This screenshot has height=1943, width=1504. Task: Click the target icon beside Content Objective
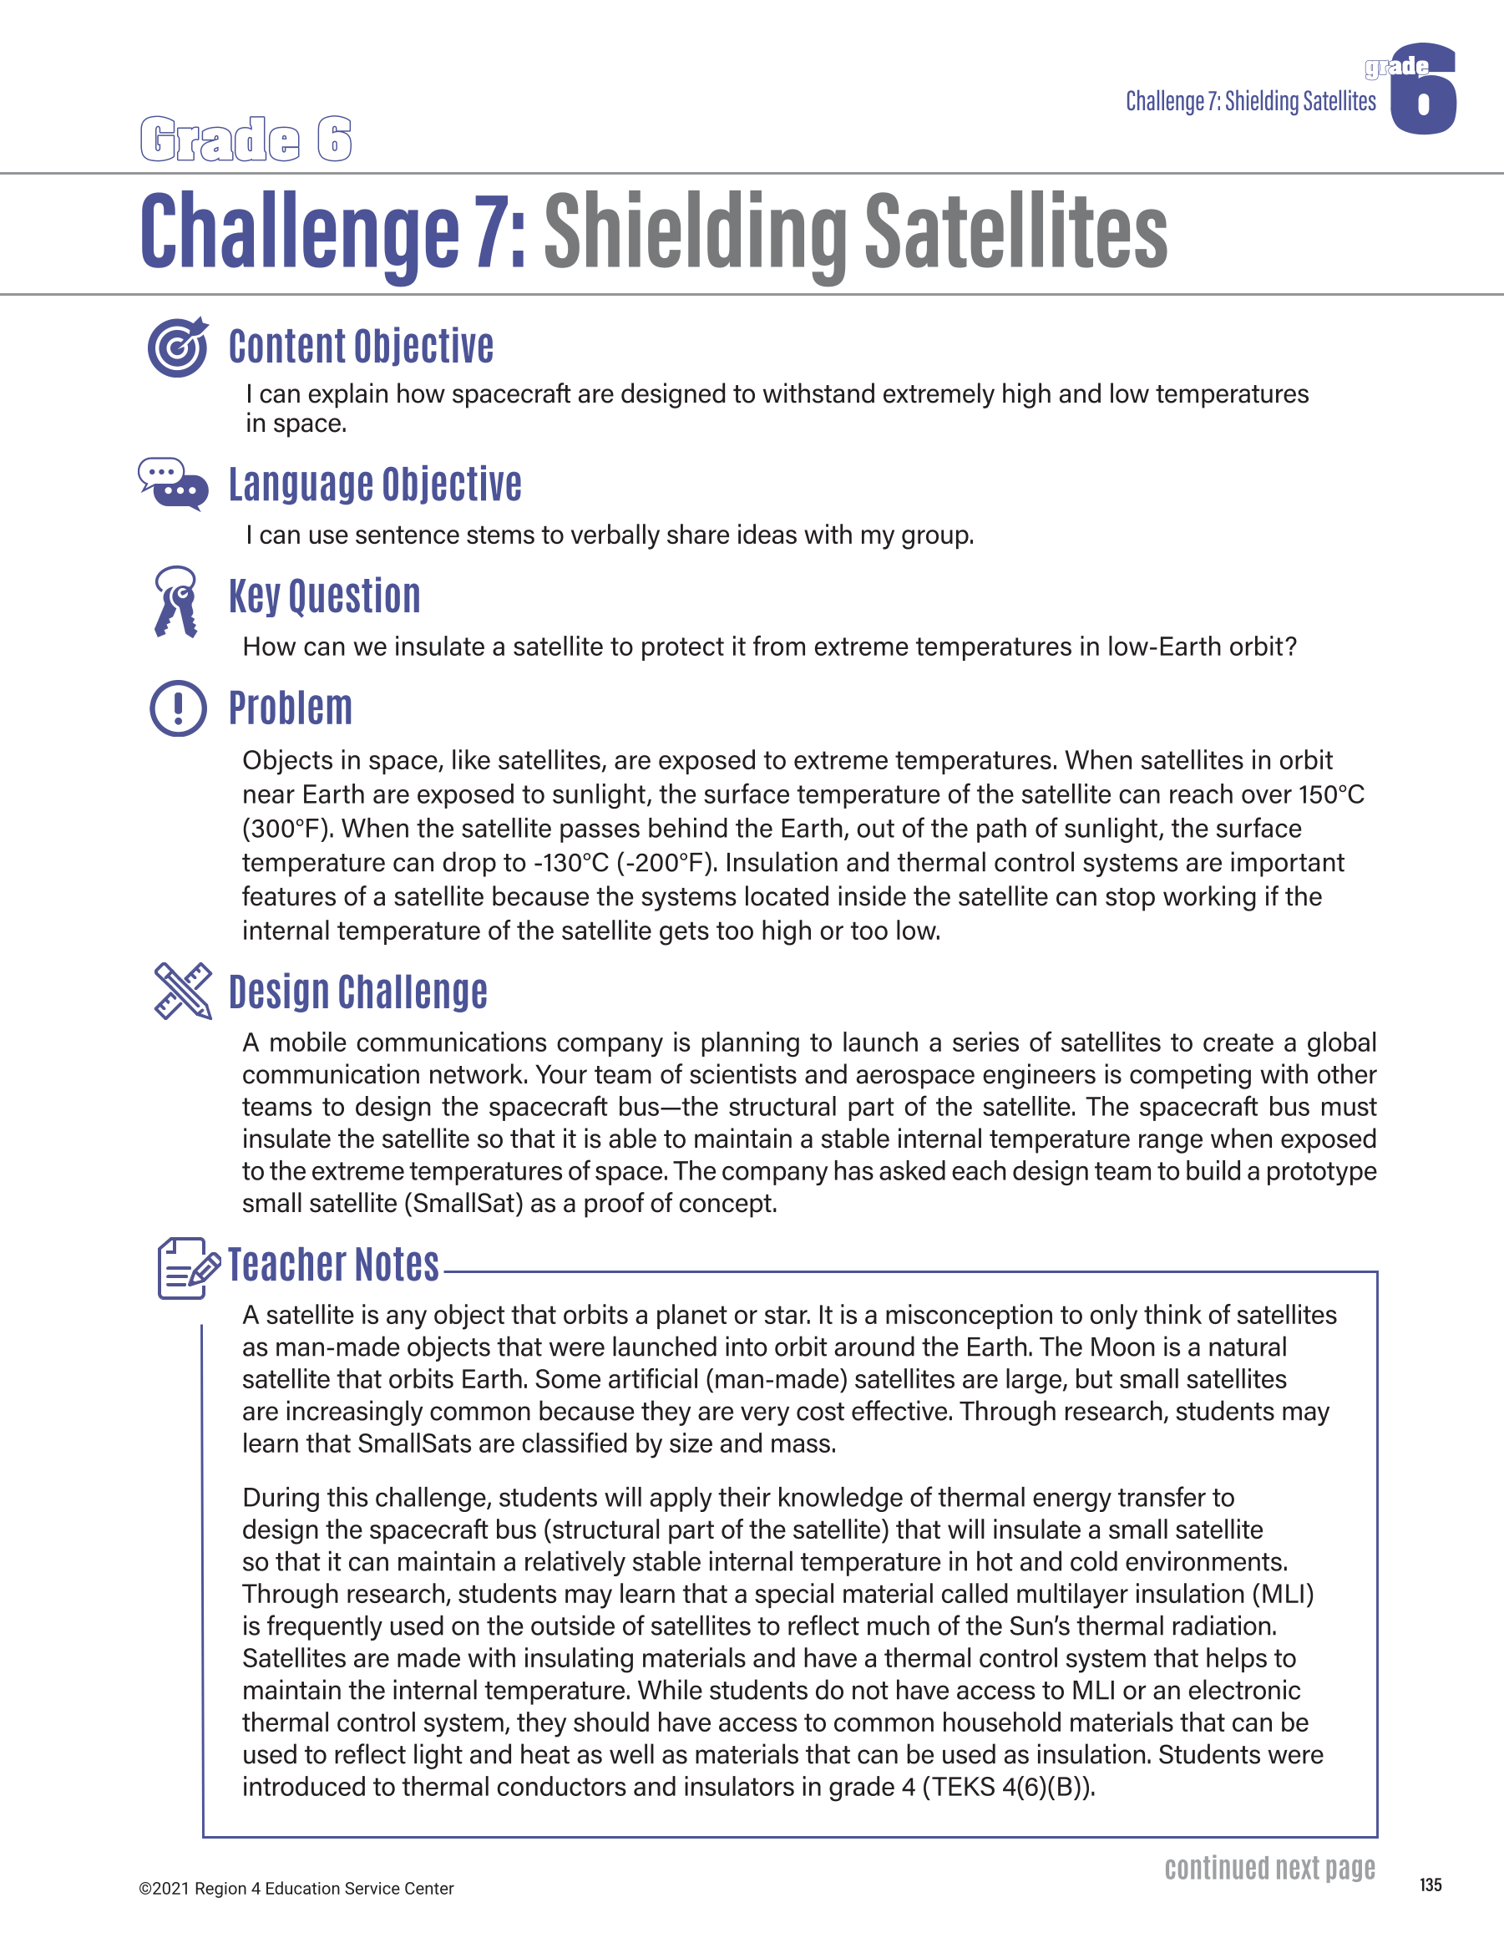[x=178, y=347]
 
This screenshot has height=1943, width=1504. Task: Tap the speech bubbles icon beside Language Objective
[x=174, y=484]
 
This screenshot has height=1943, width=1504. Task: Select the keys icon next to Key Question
[x=176, y=601]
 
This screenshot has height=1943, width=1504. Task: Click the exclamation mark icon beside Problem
[x=178, y=708]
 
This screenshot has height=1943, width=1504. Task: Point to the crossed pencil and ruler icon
[x=182, y=990]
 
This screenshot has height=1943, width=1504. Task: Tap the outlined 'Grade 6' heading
[x=246, y=140]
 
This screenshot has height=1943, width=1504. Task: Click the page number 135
[x=1431, y=1885]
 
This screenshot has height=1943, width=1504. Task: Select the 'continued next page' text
[x=1269, y=1867]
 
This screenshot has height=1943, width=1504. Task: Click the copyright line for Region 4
[x=296, y=1888]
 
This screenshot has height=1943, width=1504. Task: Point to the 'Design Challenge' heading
[x=357, y=992]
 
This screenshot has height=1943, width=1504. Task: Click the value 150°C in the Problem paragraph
[x=1330, y=794]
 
